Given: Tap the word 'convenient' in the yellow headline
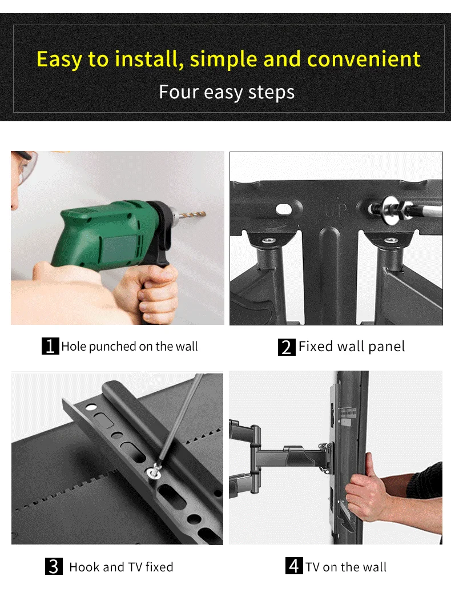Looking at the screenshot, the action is tap(364, 59).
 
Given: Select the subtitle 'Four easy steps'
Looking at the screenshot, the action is tap(227, 93).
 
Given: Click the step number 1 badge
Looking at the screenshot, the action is tap(50, 346).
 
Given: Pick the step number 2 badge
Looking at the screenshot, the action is tap(287, 347).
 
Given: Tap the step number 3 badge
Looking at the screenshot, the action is tap(54, 566).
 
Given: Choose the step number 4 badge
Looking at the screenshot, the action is tap(294, 566).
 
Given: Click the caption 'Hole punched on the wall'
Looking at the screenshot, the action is tap(130, 347).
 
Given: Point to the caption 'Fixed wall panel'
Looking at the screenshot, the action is tap(352, 347).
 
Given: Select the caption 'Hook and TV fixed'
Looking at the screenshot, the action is tap(122, 567).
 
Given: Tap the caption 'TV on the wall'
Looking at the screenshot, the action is tap(346, 567).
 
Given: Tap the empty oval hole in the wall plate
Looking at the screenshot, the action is tap(284, 209).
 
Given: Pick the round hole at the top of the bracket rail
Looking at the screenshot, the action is tap(91, 407).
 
